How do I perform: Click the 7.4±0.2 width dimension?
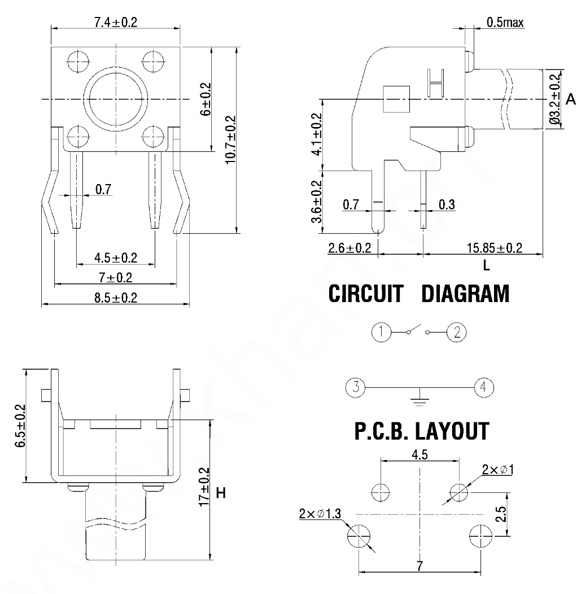[115, 22]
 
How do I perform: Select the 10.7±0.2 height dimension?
[230, 140]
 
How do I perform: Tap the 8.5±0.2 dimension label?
[116, 298]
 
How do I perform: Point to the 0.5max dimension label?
[505, 23]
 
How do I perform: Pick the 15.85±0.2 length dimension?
[494, 247]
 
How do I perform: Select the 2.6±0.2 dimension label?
[349, 247]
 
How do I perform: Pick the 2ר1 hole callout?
[497, 470]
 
